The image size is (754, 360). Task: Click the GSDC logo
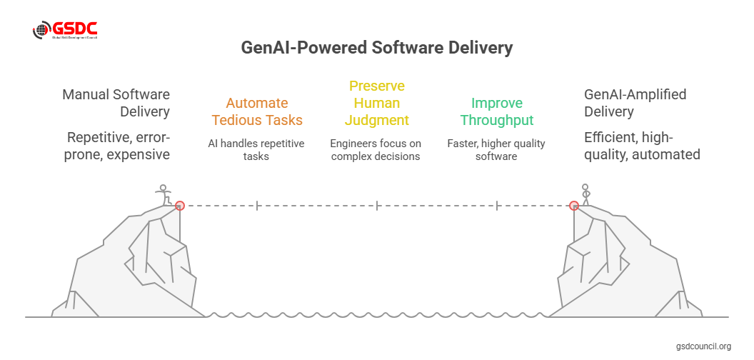tap(65, 31)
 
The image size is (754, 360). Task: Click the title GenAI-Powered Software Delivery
tap(377, 49)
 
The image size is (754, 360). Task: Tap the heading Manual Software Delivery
tap(116, 103)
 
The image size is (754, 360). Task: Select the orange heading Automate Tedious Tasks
tap(256, 111)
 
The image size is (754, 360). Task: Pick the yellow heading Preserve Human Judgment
tap(376, 103)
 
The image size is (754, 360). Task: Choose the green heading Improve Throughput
tap(496, 111)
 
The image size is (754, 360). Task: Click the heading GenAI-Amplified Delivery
tap(625, 103)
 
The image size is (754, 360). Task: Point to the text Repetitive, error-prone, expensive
tap(118, 145)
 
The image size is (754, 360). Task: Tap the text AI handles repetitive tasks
tap(256, 150)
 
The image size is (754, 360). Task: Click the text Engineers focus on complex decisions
tap(376, 150)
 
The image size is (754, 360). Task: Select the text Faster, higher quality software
tap(496, 150)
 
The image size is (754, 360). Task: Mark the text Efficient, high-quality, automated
tap(642, 145)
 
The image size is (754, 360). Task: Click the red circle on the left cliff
tap(180, 206)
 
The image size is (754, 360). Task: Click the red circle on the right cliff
tap(573, 206)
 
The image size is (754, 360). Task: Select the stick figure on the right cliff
tap(586, 194)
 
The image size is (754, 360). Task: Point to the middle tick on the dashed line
tap(377, 206)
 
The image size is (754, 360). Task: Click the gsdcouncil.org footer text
tap(703, 346)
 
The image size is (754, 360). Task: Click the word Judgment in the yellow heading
tap(376, 120)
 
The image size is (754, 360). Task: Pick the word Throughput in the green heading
tap(496, 120)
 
